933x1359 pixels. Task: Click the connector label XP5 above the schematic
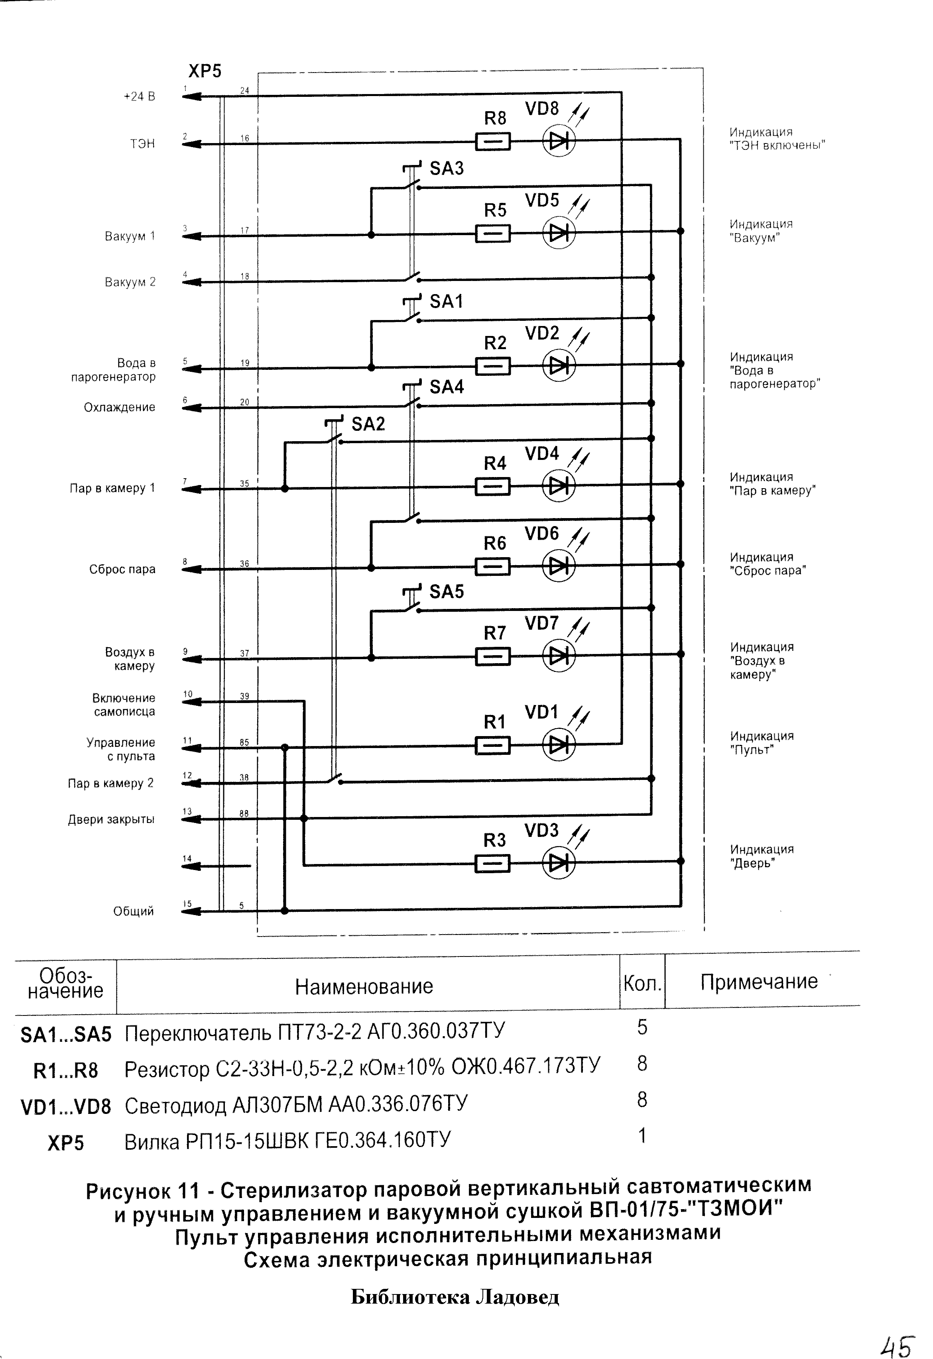pyautogui.click(x=205, y=71)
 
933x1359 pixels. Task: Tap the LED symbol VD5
pyautogui.click(x=559, y=233)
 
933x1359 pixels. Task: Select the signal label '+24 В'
pyautogui.click(x=139, y=96)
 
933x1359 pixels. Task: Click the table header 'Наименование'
pyautogui.click(x=364, y=986)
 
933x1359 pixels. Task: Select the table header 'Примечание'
pyautogui.click(x=759, y=982)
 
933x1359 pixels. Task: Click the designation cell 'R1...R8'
pyautogui.click(x=65, y=1071)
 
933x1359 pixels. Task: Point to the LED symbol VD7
pyautogui.click(x=559, y=656)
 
